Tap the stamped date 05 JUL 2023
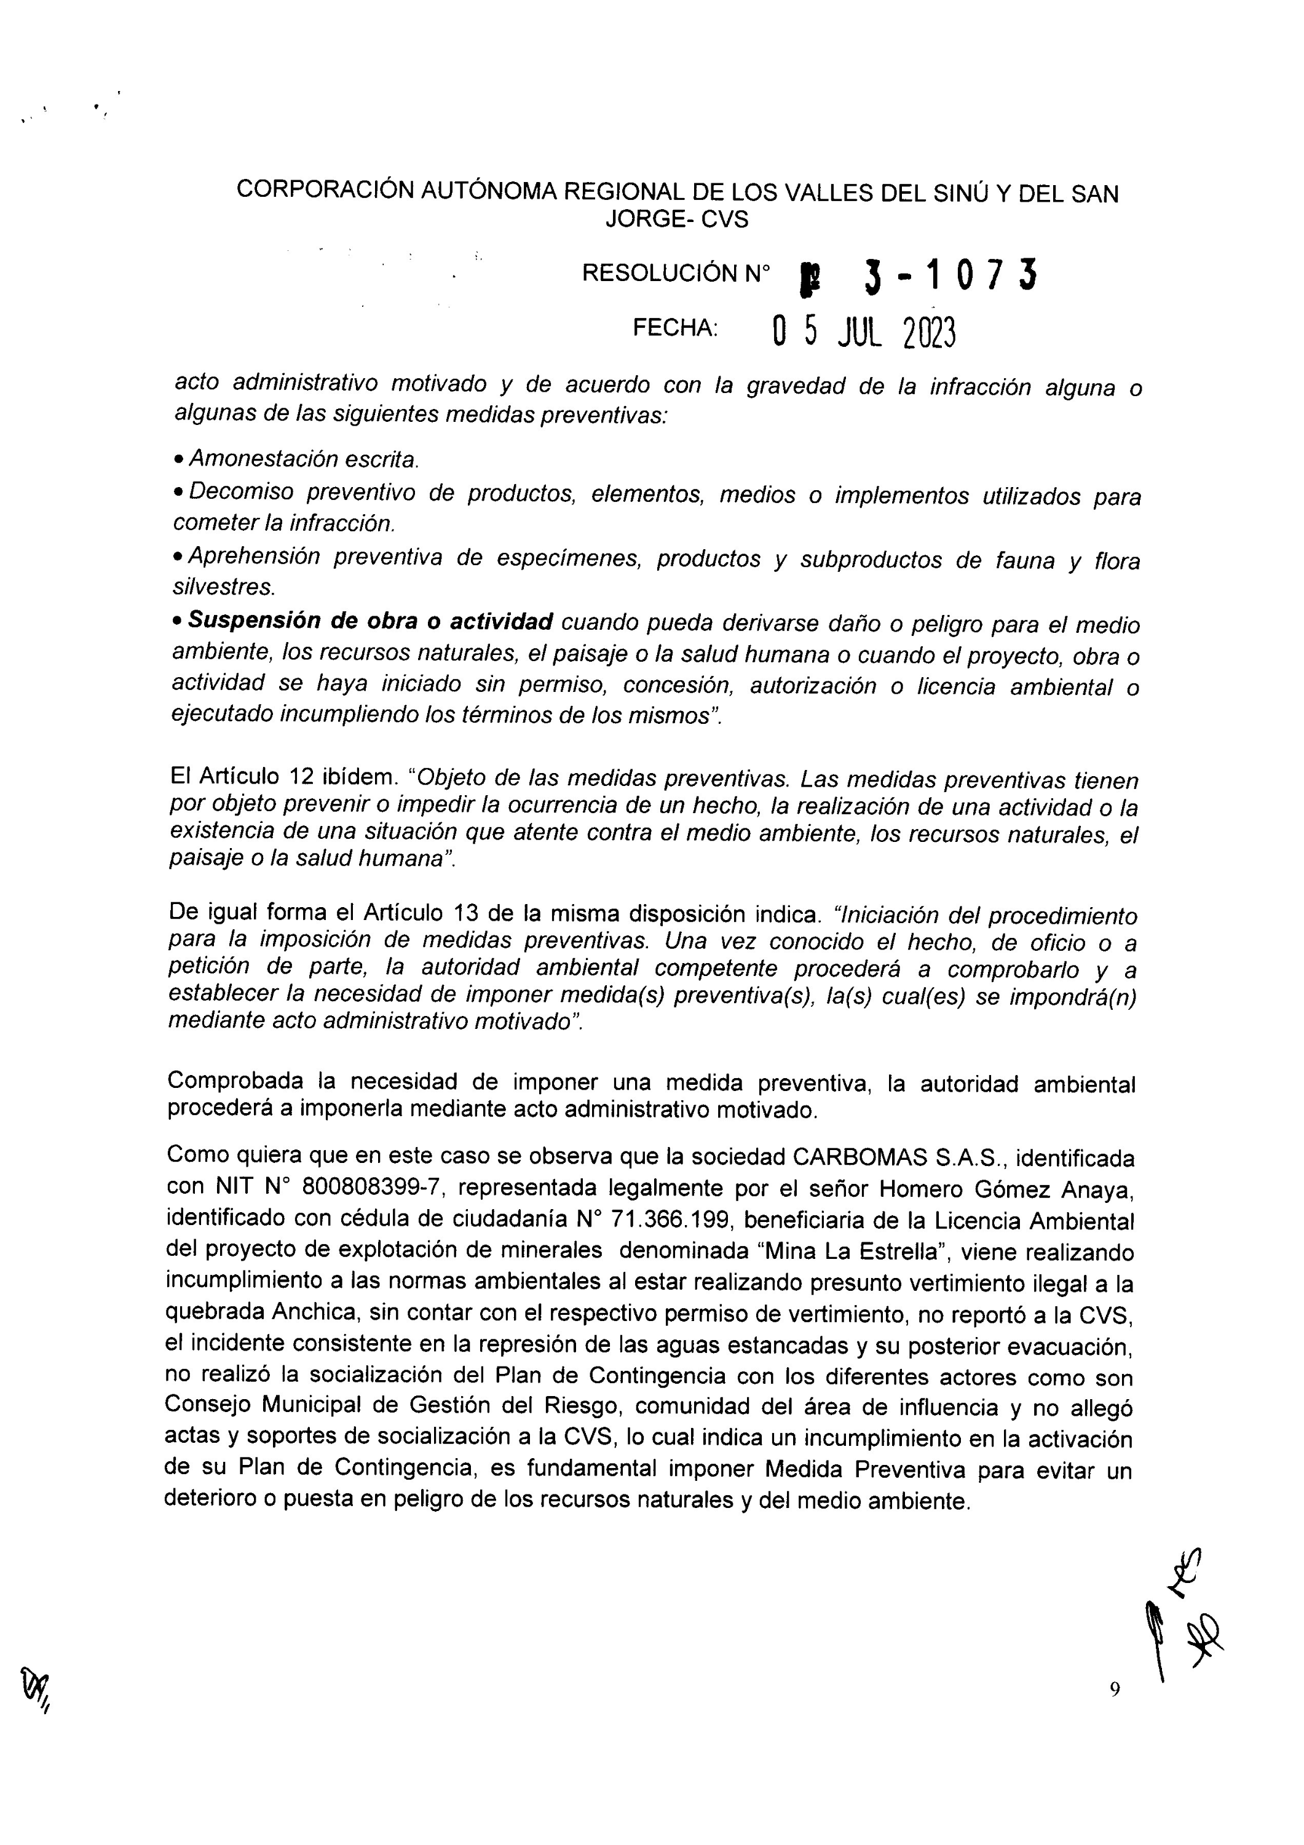click(864, 330)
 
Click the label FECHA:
click(675, 328)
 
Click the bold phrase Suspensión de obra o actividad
click(370, 622)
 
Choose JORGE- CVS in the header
click(676, 220)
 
